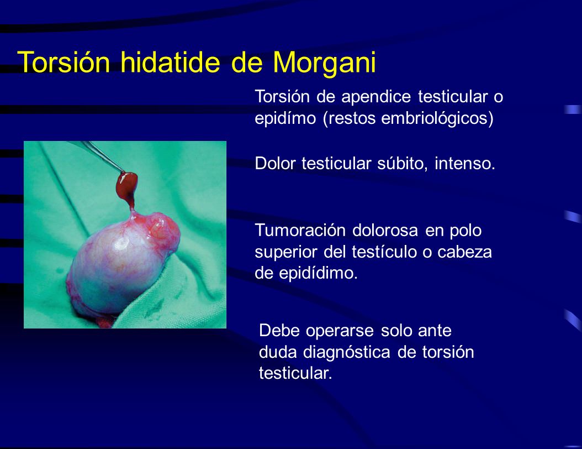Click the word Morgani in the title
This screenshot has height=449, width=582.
pyautogui.click(x=324, y=62)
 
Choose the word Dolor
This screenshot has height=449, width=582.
pyautogui.click(x=275, y=164)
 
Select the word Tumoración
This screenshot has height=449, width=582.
pyautogui.click(x=297, y=230)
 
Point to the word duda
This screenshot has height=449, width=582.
pyautogui.click(x=279, y=353)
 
